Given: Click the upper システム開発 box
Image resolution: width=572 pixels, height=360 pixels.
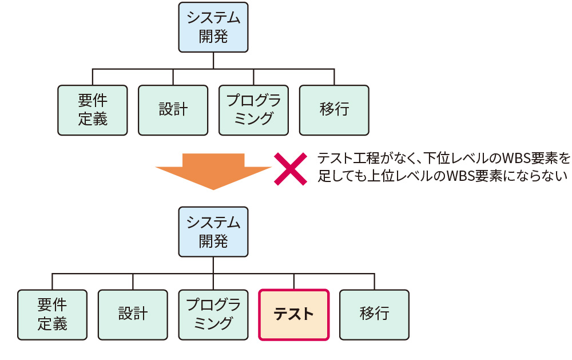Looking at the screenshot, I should (213, 27).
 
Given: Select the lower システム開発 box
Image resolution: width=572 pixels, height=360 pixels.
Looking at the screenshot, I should (213, 232).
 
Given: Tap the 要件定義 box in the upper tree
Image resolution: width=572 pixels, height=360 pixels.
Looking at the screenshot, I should (93, 110).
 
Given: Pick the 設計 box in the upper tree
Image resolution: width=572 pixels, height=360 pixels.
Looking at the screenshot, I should (173, 110).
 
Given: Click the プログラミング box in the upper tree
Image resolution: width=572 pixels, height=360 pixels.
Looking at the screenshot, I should (253, 110).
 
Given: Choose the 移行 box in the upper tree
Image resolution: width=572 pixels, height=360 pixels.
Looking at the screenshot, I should (334, 110).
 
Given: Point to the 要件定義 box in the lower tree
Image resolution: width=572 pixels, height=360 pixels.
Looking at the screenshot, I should (53, 315).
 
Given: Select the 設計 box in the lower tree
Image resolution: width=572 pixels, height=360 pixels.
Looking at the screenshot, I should (133, 315).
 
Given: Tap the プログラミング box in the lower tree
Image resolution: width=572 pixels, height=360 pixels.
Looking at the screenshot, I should (213, 315).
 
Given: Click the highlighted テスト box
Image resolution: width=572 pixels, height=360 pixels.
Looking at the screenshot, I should (294, 315).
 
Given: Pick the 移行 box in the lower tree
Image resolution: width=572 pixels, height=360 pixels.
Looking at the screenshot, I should (375, 315).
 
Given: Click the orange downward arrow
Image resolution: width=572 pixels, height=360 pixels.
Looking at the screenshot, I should (213, 169).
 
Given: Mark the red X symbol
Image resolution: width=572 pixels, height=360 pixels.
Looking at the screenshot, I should (291, 168).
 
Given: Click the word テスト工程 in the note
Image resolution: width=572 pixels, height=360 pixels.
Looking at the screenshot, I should (348, 157).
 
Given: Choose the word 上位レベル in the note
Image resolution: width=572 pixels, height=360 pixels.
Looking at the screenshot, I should (392, 176).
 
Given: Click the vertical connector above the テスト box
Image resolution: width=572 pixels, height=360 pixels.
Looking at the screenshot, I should (294, 282).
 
